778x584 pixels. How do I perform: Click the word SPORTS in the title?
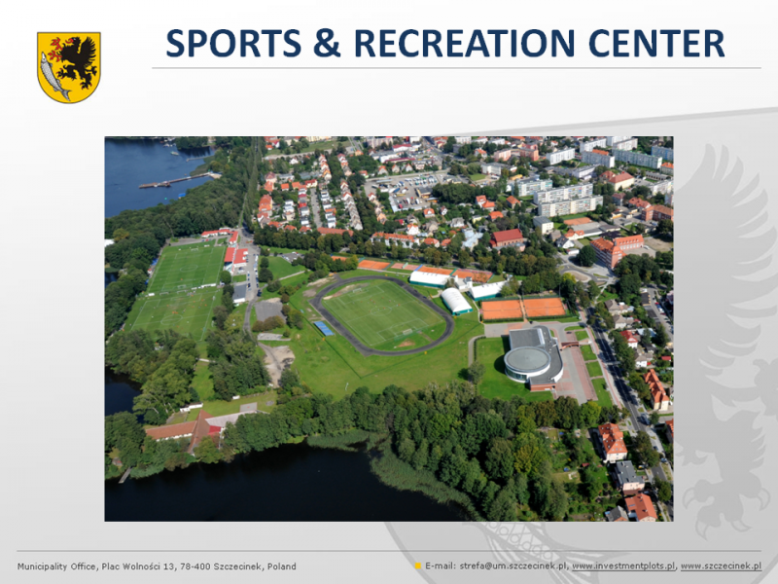click(233, 43)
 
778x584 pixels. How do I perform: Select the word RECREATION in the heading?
click(464, 43)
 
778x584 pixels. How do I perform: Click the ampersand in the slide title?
click(327, 43)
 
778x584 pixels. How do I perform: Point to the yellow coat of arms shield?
click(69, 67)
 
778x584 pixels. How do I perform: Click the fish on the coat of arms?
click(53, 76)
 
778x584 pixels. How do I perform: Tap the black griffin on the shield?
click(77, 60)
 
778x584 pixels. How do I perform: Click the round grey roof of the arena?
click(527, 359)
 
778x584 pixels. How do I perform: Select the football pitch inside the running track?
click(382, 313)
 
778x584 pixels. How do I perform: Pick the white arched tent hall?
click(456, 301)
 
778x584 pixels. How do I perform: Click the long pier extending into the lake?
click(180, 180)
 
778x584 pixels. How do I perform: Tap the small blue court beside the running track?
click(324, 328)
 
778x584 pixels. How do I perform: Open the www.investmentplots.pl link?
click(623, 566)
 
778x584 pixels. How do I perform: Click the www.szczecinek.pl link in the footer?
click(721, 566)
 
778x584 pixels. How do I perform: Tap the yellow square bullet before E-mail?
click(418, 566)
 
